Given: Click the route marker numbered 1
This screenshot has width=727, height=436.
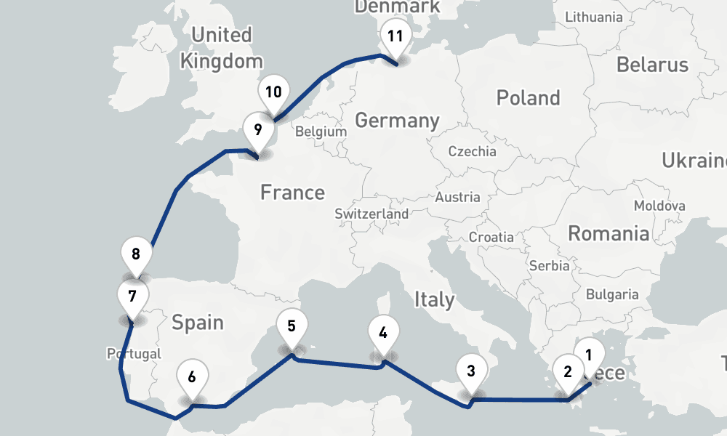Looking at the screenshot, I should (590, 355).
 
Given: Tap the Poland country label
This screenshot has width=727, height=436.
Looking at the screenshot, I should (528, 97).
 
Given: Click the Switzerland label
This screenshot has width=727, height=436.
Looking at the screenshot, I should (371, 214).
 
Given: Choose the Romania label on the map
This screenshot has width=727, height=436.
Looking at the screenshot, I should (608, 233).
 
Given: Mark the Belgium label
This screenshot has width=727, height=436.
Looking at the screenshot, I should (321, 132).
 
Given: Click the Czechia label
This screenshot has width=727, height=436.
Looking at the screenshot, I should (473, 151).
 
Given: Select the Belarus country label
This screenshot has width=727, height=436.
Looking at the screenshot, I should (652, 64).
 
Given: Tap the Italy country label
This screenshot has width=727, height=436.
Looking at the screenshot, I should (434, 299).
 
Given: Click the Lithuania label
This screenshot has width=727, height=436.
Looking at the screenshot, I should (593, 17).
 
